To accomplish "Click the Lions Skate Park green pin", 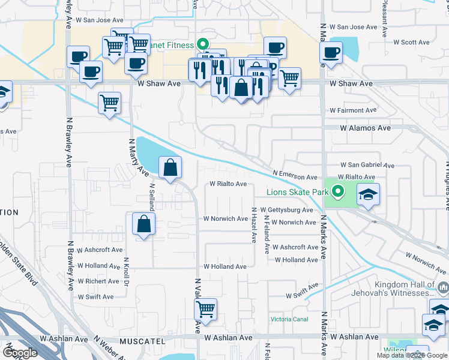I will [x=338, y=192].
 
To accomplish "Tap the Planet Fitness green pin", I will [x=203, y=44].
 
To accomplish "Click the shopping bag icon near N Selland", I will [x=170, y=168].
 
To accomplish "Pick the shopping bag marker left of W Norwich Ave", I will [x=144, y=225].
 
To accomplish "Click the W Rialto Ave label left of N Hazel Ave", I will [x=228, y=184].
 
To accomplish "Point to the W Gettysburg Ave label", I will [x=286, y=210].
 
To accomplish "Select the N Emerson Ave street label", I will [x=294, y=175].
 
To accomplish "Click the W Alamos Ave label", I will [x=365, y=128].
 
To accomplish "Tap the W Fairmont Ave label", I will [x=353, y=110].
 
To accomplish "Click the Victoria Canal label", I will [x=289, y=319].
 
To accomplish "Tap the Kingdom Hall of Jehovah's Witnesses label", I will [x=403, y=289].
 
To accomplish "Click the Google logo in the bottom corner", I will [x=20, y=353].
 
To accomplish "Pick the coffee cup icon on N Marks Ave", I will [x=330, y=52].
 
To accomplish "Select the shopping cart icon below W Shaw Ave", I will [x=109, y=103].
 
